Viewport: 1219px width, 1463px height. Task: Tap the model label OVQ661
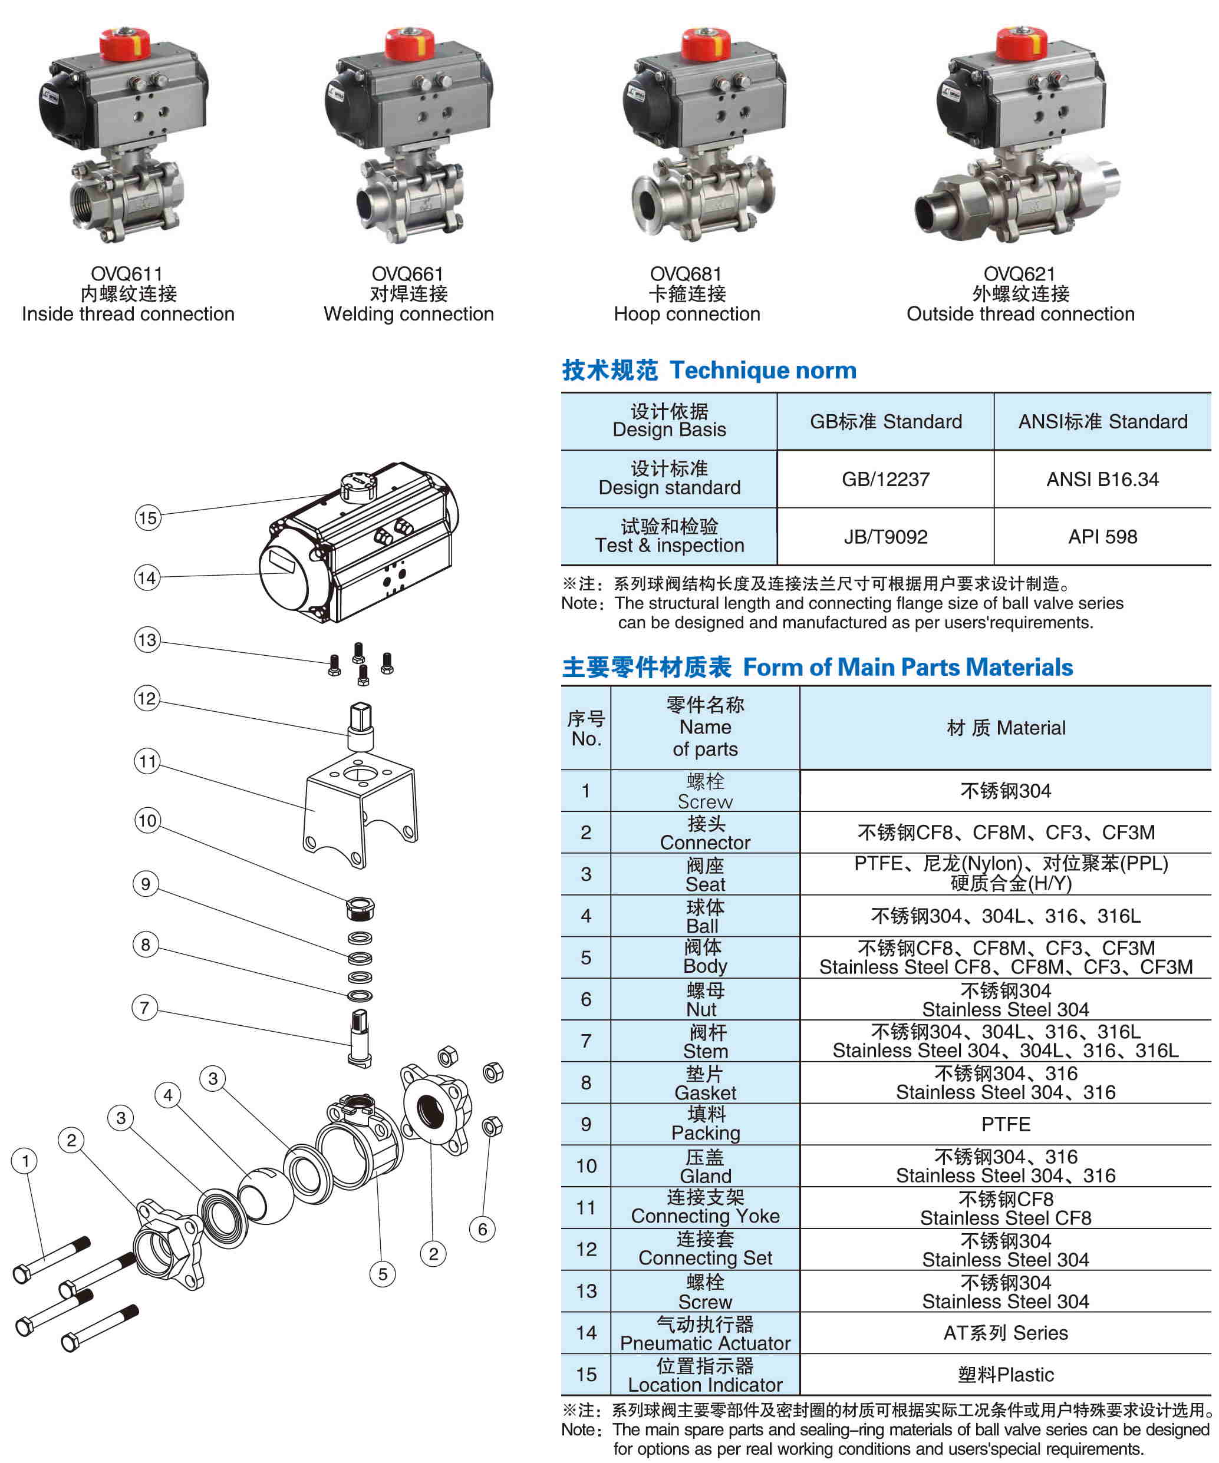click(x=408, y=274)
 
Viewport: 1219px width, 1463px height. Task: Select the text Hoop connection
click(x=687, y=314)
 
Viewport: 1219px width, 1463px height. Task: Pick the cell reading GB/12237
click(x=885, y=479)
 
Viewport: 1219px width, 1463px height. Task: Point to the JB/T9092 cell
click(x=885, y=536)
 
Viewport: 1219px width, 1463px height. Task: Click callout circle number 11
click(x=147, y=761)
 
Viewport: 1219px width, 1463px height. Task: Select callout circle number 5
click(x=383, y=1274)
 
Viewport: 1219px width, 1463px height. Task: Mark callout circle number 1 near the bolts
click(x=26, y=1161)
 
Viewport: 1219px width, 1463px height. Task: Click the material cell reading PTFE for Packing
click(x=1005, y=1124)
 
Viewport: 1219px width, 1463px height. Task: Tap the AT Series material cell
click(x=1005, y=1333)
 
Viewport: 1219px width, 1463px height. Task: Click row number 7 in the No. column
click(x=586, y=1041)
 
